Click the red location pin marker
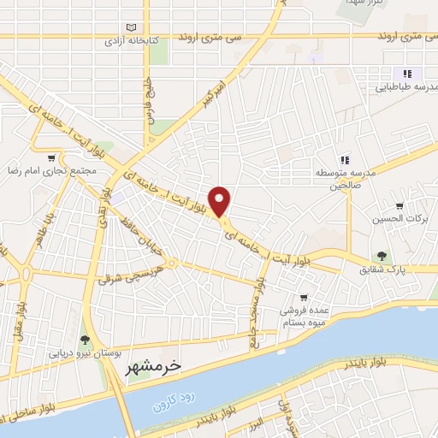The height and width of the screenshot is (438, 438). (221, 201)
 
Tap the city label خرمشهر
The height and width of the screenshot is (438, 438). (154, 366)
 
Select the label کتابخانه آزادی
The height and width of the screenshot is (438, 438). (127, 40)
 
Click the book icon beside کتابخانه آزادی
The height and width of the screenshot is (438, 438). (130, 27)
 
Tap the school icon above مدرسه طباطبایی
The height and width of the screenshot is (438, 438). (407, 74)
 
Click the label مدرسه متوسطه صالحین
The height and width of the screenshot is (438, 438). (346, 178)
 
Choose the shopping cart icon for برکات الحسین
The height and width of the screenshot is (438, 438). (400, 206)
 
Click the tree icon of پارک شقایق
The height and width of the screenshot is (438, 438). (382, 256)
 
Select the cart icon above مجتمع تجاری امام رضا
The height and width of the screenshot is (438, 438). (53, 157)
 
